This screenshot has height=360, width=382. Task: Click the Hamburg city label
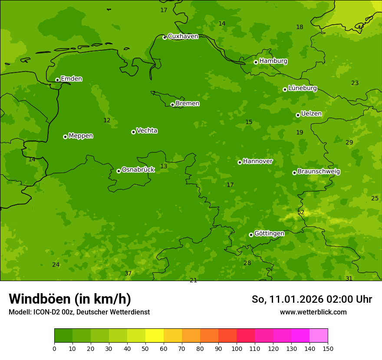273,61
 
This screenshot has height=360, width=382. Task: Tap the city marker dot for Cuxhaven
165,37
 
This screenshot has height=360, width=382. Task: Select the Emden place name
71,79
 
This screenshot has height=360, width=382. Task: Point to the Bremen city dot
172,105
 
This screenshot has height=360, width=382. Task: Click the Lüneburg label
302,88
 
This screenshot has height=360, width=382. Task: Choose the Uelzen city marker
298,115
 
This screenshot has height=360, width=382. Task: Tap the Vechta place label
147,131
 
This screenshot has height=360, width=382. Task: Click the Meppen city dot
65,137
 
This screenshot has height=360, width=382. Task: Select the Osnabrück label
138,170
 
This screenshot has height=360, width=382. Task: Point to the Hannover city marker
240,162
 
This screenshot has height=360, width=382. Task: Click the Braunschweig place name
319,172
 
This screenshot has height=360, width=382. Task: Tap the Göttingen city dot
251,235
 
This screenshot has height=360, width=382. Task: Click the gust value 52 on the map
301,213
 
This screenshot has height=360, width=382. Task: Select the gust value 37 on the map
128,273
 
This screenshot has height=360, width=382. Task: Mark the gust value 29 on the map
349,143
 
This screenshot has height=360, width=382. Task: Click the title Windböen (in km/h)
70,299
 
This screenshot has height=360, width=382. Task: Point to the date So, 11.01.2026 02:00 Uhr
312,299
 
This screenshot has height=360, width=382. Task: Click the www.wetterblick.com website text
313,312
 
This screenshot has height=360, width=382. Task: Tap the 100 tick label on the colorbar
237,348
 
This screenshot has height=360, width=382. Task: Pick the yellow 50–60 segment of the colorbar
155,336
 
